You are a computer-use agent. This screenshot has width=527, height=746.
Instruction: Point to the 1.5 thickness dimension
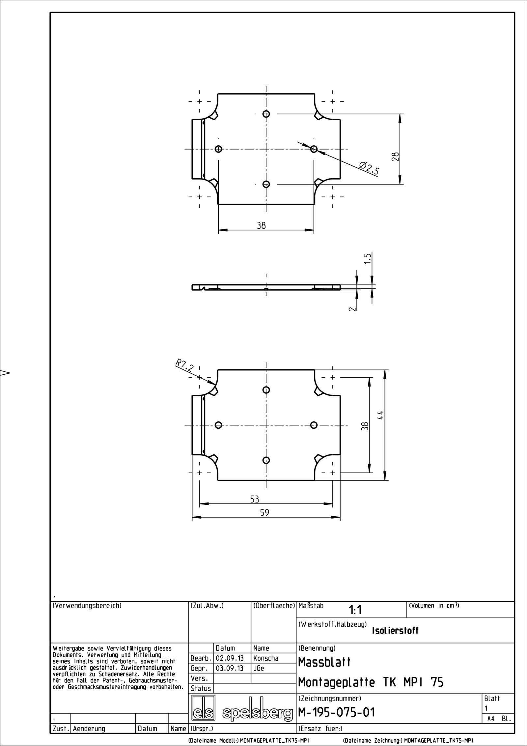(x=369, y=258)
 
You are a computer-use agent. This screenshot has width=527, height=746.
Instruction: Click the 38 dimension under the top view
(x=261, y=226)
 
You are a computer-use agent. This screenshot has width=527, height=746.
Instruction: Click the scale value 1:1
(x=355, y=620)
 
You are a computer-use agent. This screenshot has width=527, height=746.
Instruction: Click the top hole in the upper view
(x=266, y=114)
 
